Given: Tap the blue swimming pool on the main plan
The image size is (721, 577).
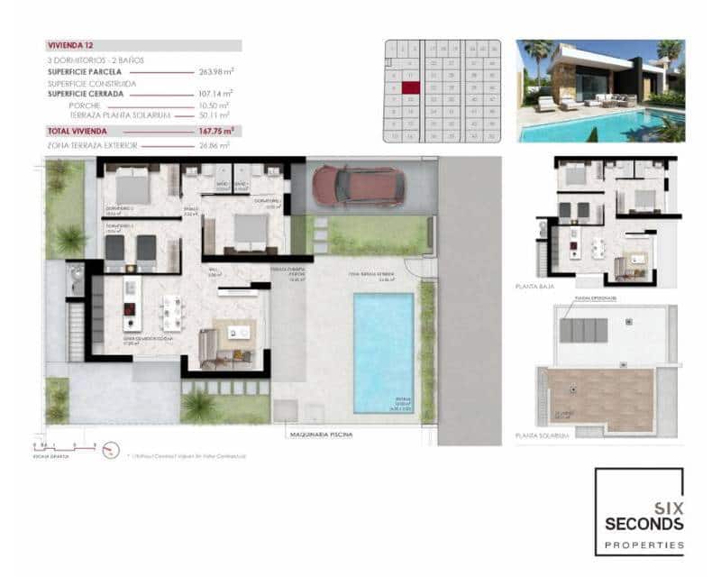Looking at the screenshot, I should tap(383, 347).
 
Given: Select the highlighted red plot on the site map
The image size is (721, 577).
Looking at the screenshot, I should tap(410, 88).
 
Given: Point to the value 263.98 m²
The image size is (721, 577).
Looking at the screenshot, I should tap(215, 71).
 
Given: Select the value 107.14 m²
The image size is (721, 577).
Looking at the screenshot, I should tap(215, 93).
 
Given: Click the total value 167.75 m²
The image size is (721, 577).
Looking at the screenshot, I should tap(214, 131).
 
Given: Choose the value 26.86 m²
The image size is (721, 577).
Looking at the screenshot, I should tap(214, 144).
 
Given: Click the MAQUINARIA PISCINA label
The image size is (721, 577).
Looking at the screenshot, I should tap(322, 435).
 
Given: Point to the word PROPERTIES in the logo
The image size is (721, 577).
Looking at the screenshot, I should tap(643, 545).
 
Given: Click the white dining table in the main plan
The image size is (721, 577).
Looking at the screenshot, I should tap(170, 313).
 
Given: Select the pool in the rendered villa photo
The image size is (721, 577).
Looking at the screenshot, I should tap(595, 127).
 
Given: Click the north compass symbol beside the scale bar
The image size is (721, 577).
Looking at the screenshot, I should tap(111, 448).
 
